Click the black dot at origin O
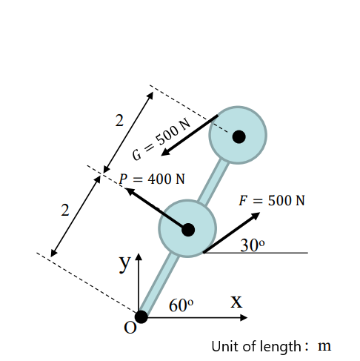pyautogui.click(x=141, y=317)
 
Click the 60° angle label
pyautogui.click(x=181, y=305)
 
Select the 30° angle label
pyautogui.click(x=253, y=245)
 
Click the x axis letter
pyautogui.click(x=236, y=300)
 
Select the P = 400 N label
pyautogui.click(x=153, y=179)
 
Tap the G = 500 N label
pyautogui.click(x=161, y=138)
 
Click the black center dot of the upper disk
pyautogui.click(x=239, y=136)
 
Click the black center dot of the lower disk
pyautogui.click(x=188, y=230)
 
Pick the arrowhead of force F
pyautogui.click(x=256, y=215)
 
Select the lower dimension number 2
pyautogui.click(x=65, y=211)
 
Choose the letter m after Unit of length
pyautogui.click(x=324, y=346)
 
